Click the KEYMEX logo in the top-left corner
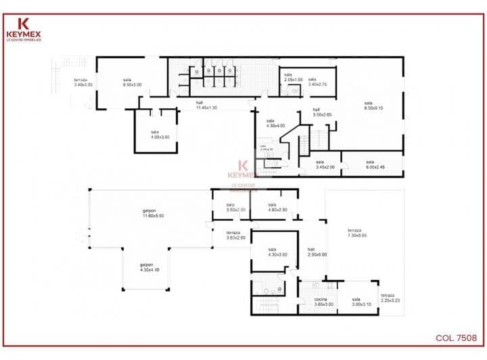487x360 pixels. (x=24, y=30)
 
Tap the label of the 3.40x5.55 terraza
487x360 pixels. (x=84, y=82)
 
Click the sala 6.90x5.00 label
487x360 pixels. (x=132, y=82)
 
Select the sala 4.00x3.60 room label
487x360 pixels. (x=155, y=134)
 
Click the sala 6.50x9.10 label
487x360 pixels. (x=373, y=105)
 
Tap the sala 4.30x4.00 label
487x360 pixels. (x=276, y=123)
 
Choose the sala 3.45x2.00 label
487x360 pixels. (x=325, y=164)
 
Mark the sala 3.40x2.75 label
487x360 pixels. (x=318, y=82)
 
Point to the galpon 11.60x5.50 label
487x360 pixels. (x=154, y=212)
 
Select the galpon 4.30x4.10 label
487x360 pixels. (x=149, y=267)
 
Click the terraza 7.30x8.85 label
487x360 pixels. (x=357, y=232)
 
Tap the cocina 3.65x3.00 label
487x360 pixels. (x=324, y=302)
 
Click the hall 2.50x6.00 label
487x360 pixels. (x=317, y=252)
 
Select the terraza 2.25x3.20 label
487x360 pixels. (x=391, y=298)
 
